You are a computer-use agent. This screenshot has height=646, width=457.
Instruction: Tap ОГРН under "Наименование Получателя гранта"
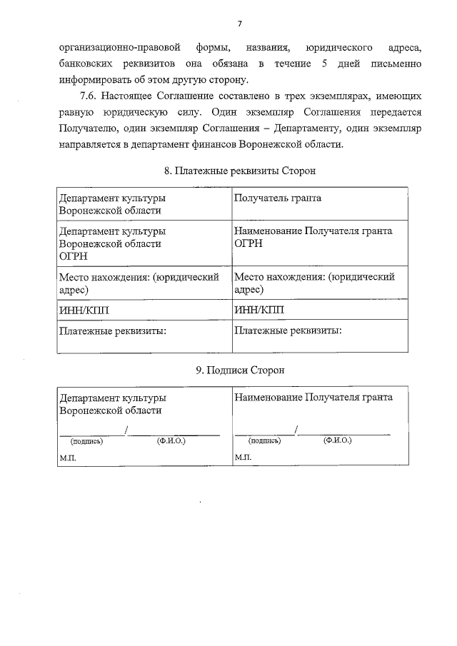248,243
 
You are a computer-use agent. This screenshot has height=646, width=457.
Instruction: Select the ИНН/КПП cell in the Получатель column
258,310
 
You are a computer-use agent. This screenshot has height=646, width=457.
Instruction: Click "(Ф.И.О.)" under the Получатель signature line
337,440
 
